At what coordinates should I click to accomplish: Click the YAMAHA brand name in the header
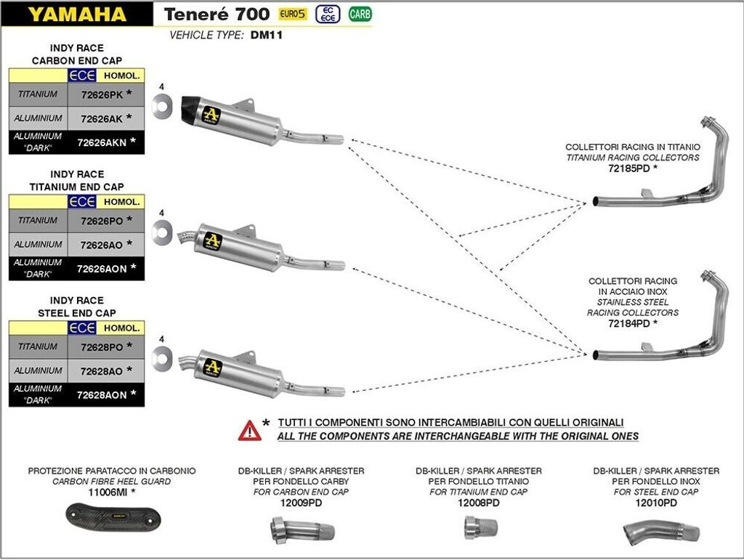pos(78,14)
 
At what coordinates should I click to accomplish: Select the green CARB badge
pos(359,13)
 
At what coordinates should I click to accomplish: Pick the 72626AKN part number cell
pos(102,142)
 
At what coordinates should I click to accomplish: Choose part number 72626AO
pos(102,245)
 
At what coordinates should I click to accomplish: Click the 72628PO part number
pos(102,346)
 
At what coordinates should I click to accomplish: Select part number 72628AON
pos(102,394)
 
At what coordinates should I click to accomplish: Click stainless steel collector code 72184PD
pos(628,323)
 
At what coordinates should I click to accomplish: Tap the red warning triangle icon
pos(249,431)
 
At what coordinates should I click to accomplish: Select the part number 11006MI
pos(107,492)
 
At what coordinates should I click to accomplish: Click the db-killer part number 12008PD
pos(477,502)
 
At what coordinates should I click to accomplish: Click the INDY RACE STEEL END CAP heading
pos(77,307)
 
